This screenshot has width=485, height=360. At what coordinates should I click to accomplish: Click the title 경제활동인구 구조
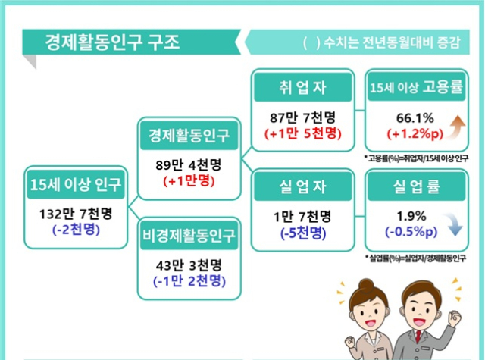tap(112, 42)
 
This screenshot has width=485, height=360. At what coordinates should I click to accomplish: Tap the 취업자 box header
tap(303, 87)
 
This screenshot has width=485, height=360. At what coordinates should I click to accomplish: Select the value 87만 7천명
tap(302, 117)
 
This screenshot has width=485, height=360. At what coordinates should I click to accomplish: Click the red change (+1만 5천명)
tap(303, 133)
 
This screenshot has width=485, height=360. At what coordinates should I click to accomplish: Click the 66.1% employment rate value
tap(415, 117)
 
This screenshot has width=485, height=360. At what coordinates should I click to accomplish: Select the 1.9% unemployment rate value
tap(411, 216)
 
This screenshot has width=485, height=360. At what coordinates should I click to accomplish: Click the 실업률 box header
tap(416, 186)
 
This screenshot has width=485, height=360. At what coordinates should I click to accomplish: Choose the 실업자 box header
tap(303, 186)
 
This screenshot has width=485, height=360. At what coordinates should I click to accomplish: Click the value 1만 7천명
tap(302, 217)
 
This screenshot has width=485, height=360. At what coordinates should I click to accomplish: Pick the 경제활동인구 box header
tap(189, 136)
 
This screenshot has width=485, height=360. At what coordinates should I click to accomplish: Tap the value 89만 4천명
tap(189, 165)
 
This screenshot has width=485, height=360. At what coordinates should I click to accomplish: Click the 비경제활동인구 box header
tap(189, 236)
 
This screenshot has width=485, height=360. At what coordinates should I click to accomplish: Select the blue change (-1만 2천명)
tap(189, 281)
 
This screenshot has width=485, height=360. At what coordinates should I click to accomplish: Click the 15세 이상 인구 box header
tap(76, 185)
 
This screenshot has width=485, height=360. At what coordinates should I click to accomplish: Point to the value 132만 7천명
tap(76, 214)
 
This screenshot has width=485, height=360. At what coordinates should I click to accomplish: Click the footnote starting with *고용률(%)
tap(416, 158)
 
